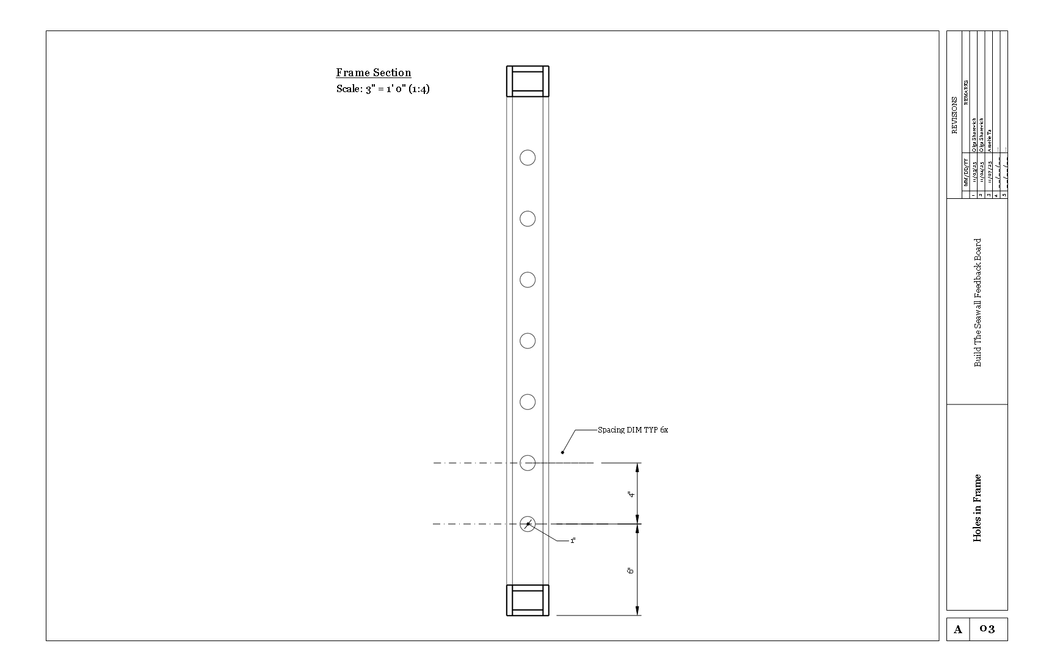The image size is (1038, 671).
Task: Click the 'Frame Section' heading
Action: tap(373, 73)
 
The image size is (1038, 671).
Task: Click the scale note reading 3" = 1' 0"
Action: tap(383, 89)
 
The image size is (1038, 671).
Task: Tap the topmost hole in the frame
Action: tap(528, 157)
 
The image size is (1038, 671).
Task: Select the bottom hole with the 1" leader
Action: tap(528, 523)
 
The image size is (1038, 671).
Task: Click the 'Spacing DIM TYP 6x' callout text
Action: tap(633, 430)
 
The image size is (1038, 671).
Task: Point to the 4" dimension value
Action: tap(631, 494)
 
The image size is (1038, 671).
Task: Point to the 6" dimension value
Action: tap(631, 570)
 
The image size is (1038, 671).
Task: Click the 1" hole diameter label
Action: tap(573, 541)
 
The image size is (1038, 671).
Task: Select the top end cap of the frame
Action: tap(528, 81)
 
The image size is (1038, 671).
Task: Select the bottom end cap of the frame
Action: tap(528, 600)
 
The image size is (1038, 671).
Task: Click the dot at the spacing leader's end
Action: tap(562, 452)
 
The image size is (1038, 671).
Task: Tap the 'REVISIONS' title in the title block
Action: tap(954, 115)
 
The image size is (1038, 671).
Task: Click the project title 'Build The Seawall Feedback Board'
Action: tap(978, 302)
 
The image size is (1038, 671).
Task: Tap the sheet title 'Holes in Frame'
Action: tap(978, 508)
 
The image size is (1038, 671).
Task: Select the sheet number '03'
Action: tap(987, 630)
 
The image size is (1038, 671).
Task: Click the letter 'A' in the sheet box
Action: tap(957, 630)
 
